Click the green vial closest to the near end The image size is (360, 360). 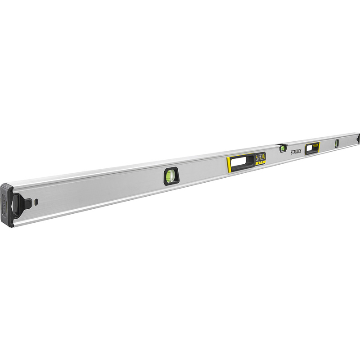click(171, 175)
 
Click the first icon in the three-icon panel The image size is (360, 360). click(257, 157)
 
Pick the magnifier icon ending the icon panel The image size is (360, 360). click(264, 156)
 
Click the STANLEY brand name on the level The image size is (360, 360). click(296, 151)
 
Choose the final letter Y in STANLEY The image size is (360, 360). click(301, 150)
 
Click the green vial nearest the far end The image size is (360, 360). click(336, 143)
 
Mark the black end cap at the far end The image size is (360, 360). click(358, 139)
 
